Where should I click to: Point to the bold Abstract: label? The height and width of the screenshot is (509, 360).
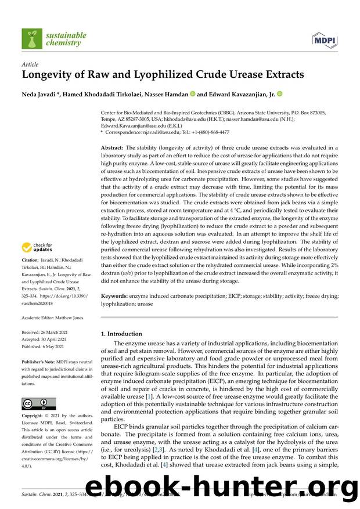(x=113, y=148)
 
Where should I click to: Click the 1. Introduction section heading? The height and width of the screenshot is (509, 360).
(x=121, y=334)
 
